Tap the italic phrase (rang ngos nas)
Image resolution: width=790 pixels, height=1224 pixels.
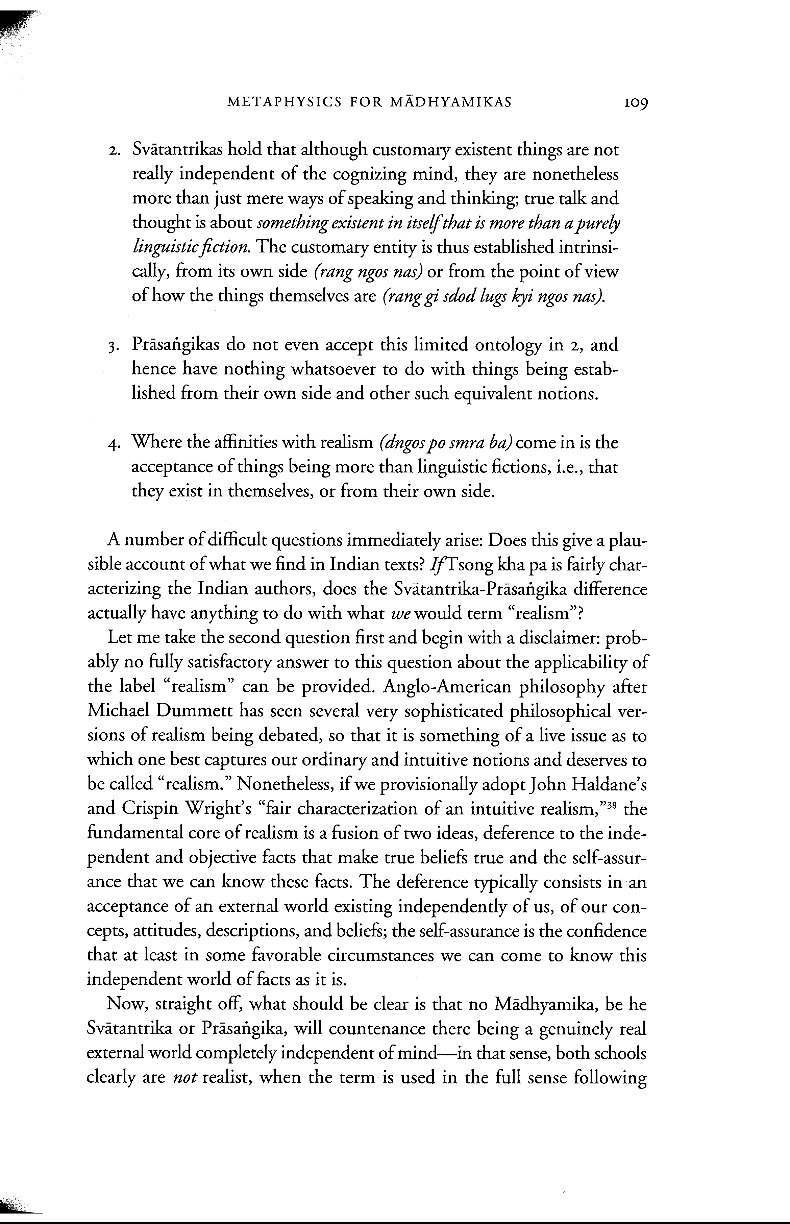pos(367,272)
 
